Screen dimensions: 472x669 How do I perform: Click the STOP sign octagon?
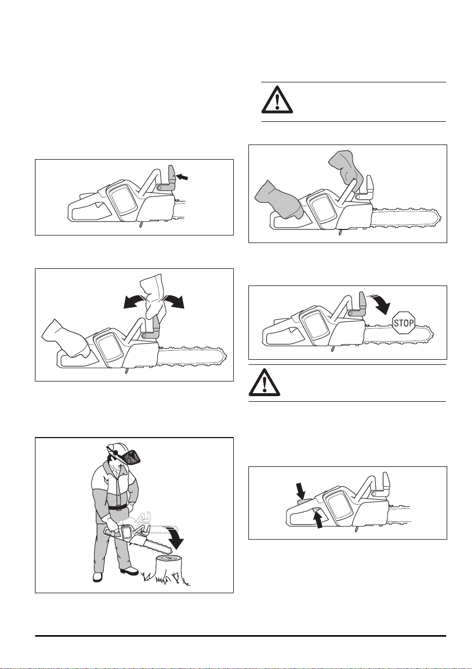(x=404, y=323)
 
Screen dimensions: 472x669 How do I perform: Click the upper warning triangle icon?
(x=277, y=100)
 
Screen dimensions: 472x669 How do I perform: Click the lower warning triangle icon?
(x=265, y=383)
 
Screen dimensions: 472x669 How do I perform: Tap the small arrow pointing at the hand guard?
(x=182, y=177)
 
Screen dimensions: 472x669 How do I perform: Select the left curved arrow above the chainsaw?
(x=134, y=301)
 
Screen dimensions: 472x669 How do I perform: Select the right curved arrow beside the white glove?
(x=175, y=301)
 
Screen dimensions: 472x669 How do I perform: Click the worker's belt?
(x=117, y=507)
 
